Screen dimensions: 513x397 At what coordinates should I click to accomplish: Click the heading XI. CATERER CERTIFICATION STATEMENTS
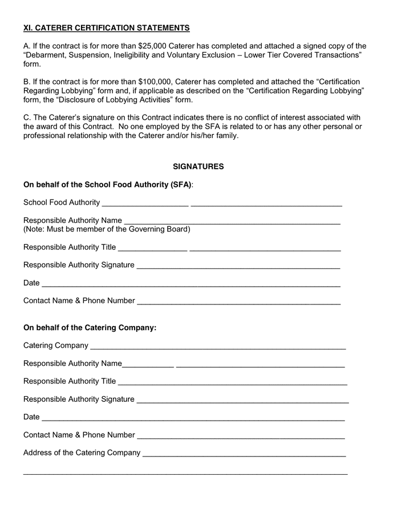pos(106,28)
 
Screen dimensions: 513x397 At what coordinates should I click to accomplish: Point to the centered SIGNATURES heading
pos(198,166)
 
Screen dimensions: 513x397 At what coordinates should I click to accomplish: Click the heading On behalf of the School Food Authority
pos(107,185)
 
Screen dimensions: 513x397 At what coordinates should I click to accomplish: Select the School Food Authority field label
pos(62,202)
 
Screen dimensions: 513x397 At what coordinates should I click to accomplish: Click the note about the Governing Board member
pos(106,229)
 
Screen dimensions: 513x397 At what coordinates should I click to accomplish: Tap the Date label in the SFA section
pos(31,283)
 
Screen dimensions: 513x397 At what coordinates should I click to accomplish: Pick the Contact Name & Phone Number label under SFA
pos(79,300)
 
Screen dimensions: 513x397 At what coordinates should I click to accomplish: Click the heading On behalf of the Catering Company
pos(90,328)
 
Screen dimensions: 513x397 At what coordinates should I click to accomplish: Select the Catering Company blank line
pos(218,347)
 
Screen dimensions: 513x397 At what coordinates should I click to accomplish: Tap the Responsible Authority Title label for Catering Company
pos(70,381)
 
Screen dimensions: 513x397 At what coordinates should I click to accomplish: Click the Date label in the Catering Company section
pos(31,417)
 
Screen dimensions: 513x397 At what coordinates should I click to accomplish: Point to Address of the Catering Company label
pos(82,453)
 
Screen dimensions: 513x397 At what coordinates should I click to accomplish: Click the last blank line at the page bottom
pos(185,473)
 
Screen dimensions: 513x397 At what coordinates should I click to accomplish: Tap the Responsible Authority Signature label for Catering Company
pos(79,399)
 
